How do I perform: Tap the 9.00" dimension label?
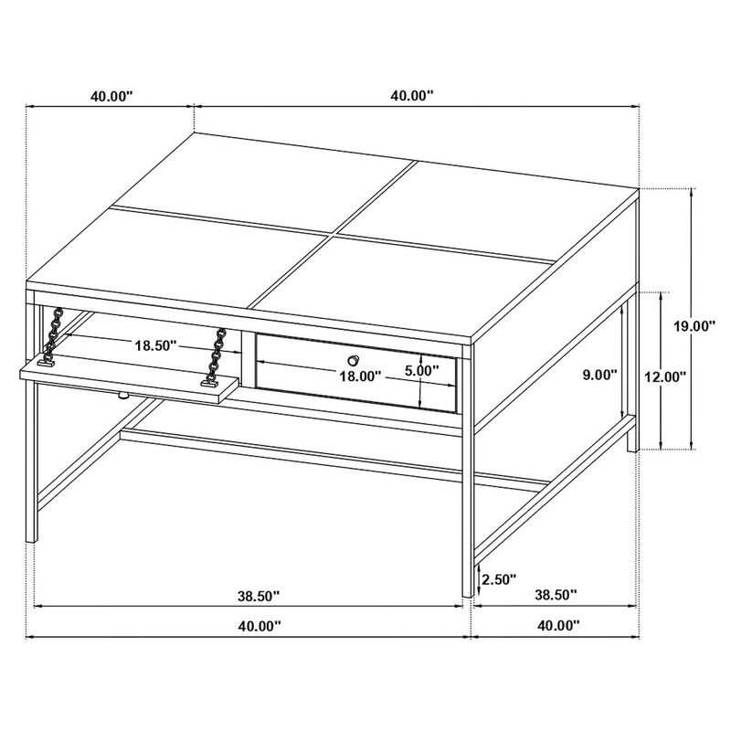coord(600,375)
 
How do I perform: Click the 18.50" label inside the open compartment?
coord(154,346)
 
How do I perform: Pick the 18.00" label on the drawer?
coord(359,375)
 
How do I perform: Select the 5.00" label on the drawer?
coord(422,372)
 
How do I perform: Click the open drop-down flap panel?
coord(128,377)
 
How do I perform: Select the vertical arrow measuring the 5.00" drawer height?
coord(418,381)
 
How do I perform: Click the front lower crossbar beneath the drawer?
coord(292,453)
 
